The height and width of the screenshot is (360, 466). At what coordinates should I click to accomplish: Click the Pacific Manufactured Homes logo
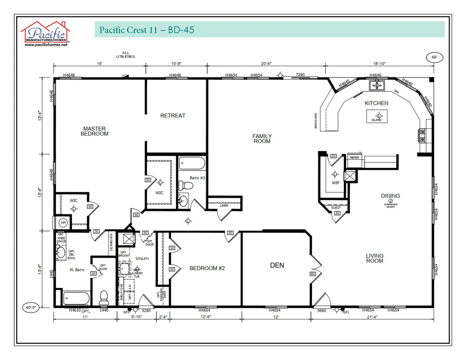[x=45, y=34]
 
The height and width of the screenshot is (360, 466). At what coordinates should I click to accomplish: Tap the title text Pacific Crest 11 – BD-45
[x=147, y=30]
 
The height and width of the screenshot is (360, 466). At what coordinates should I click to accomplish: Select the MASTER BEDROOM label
[x=94, y=131]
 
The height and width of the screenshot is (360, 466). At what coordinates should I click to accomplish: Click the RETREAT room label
[x=173, y=116]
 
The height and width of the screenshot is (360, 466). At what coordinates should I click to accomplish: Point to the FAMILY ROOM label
[x=262, y=139]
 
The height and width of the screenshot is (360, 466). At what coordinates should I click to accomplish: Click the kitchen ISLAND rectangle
[x=377, y=116]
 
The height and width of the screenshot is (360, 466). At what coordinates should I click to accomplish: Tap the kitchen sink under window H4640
[x=376, y=85]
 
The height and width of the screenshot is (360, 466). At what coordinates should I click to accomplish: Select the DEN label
[x=277, y=265]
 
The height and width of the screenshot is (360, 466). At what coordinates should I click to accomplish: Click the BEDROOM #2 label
[x=207, y=268]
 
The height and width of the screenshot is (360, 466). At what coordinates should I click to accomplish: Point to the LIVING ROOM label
[x=374, y=258]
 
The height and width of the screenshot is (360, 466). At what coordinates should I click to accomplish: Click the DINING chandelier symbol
[x=390, y=201]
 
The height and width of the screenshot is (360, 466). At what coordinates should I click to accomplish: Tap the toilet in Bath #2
[x=188, y=186]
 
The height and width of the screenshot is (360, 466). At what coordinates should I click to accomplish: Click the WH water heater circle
[x=63, y=223]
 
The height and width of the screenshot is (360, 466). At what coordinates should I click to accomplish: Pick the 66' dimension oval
[x=434, y=58]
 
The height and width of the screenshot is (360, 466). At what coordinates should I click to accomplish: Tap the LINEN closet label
[x=224, y=206]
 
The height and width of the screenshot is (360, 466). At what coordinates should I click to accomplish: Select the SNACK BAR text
[x=316, y=121]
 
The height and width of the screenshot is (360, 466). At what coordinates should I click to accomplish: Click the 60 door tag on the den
[x=312, y=274]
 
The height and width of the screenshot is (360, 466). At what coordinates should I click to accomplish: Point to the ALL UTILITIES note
[x=126, y=55]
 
